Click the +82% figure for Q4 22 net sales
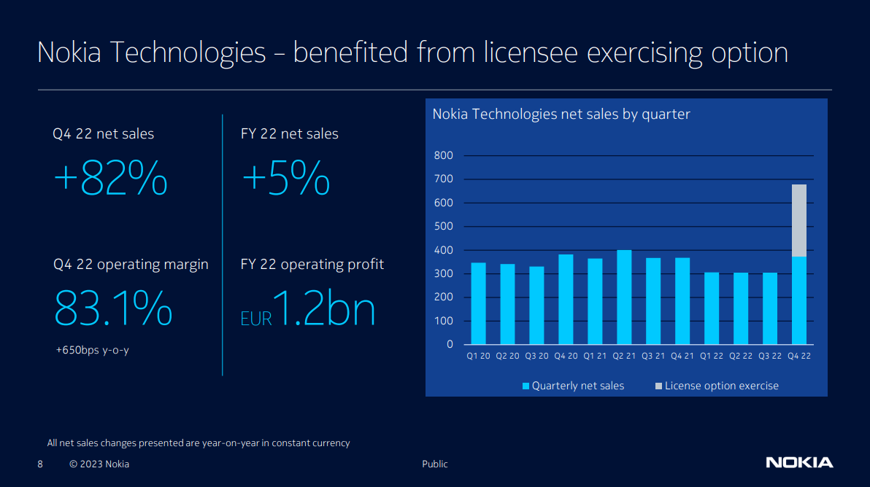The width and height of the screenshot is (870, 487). tap(111, 179)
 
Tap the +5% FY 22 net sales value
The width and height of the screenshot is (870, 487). tap(286, 179)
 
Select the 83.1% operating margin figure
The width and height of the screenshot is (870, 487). tap(113, 308)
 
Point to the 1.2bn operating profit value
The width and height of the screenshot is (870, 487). tap(323, 308)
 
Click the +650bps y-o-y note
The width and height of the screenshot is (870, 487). tap(93, 350)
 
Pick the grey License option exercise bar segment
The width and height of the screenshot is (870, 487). tap(799, 220)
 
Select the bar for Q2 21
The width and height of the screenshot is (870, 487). tap(624, 297)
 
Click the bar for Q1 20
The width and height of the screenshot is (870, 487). tap(478, 303)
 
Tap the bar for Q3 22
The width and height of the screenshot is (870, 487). tap(770, 308)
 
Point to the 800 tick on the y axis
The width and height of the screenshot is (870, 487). tap(443, 155)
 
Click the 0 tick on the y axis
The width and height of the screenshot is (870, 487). tap(450, 344)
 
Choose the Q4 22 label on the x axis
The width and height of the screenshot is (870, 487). tap(799, 357)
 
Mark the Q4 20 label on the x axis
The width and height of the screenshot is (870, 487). tap(566, 357)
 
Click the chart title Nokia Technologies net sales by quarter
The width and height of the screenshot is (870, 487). tap(561, 114)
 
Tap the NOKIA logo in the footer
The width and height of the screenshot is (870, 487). tap(799, 462)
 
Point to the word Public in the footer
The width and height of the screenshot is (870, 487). tap(435, 464)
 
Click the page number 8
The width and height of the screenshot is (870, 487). tap(40, 464)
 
